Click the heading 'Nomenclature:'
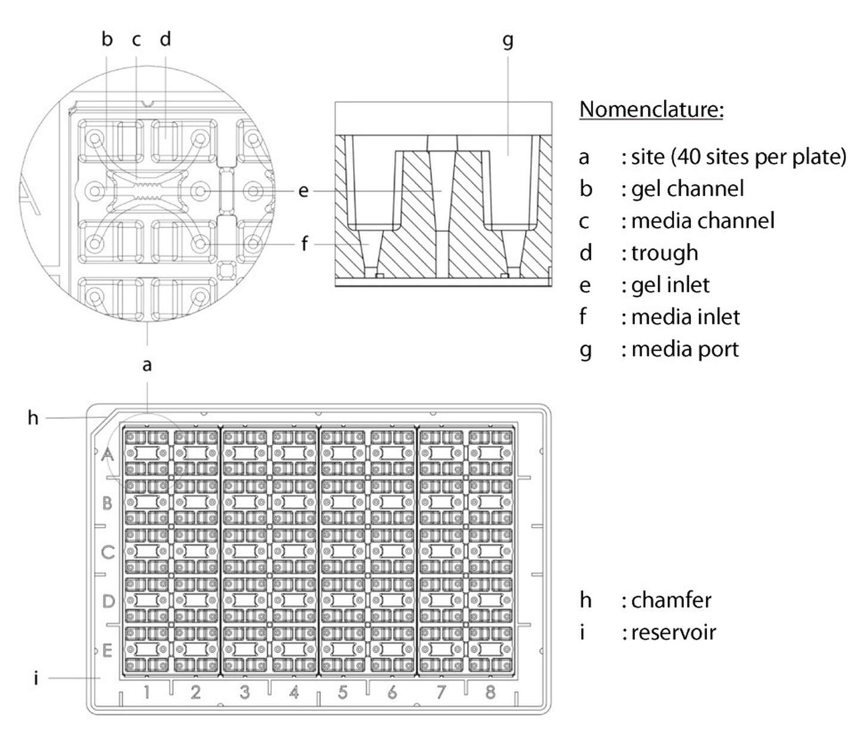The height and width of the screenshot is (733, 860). (651, 109)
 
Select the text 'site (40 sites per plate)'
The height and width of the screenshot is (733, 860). (739, 157)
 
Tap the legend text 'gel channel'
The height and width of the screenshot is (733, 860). (687, 189)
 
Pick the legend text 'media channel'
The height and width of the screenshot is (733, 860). (702, 221)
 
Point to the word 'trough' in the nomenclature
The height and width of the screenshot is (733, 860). (664, 253)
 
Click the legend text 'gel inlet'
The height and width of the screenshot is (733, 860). (670, 285)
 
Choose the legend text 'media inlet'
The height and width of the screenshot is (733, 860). (685, 317)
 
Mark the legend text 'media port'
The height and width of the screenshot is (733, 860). (684, 349)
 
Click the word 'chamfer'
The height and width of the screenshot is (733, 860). (671, 600)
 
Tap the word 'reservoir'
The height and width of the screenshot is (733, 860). (673, 632)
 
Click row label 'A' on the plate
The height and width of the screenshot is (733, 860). (107, 455)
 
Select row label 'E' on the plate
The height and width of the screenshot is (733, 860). (107, 650)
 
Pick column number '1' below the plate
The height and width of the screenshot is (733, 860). (146, 692)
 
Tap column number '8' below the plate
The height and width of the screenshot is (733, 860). (490, 692)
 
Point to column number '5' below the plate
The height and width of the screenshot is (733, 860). (342, 692)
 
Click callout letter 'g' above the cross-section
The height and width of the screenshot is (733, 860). (508, 41)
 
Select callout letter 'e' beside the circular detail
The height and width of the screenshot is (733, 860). (303, 191)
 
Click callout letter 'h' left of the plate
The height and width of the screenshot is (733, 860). (33, 418)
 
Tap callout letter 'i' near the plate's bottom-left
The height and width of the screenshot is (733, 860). (36, 678)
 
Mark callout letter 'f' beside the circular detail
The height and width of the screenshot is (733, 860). (305, 244)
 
